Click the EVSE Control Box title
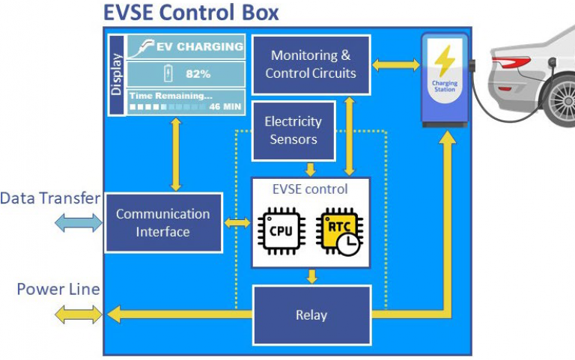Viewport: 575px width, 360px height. [x=191, y=13]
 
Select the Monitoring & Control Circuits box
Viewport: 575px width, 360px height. [x=311, y=64]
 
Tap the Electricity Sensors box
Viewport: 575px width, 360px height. [x=293, y=130]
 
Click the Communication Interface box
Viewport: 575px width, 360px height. [x=162, y=222]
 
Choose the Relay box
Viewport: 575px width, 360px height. [x=311, y=315]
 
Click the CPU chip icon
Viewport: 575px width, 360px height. [x=281, y=233]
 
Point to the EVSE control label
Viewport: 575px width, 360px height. [x=310, y=189]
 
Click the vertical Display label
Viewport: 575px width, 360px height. [x=117, y=75]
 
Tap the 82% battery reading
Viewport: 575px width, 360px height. [x=197, y=74]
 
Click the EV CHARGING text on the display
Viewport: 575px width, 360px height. [x=199, y=46]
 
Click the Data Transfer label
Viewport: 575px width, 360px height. [x=50, y=198]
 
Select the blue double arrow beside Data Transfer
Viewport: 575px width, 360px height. [x=78, y=222]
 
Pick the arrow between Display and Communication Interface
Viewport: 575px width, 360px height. [x=176, y=154]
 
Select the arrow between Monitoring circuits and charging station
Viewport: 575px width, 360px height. [x=396, y=65]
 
